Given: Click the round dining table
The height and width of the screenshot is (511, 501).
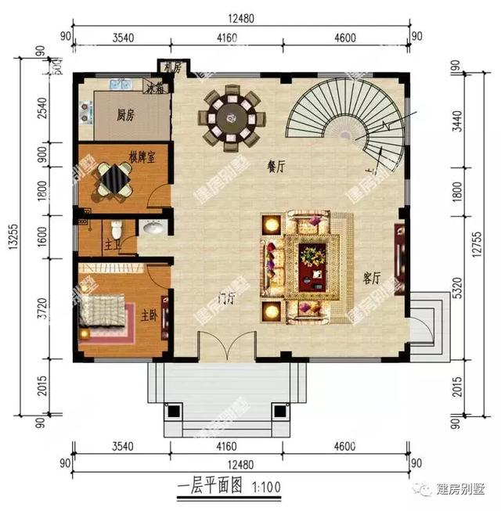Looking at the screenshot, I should coord(232,118).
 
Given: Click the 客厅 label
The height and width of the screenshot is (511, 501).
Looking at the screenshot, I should coord(372,279).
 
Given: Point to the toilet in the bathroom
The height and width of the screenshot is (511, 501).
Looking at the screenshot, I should coord(116,229).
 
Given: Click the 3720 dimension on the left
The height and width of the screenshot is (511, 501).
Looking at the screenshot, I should coord(42,317).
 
